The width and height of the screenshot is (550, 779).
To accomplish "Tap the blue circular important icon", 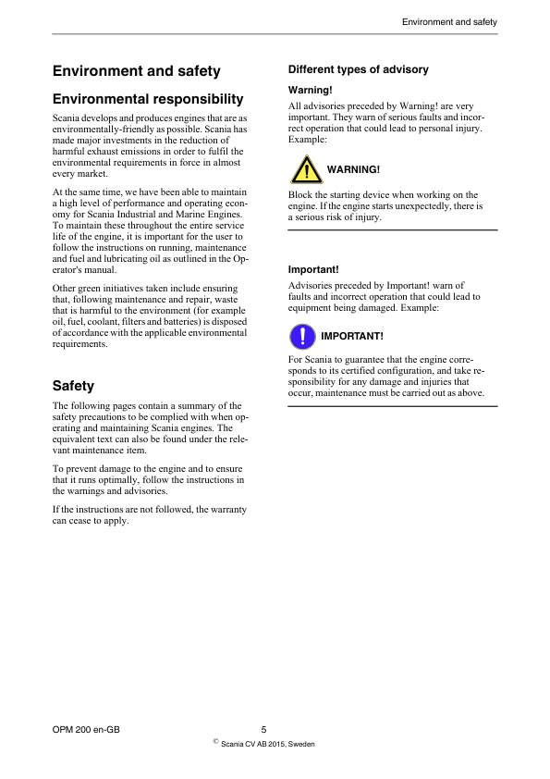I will tap(301, 335).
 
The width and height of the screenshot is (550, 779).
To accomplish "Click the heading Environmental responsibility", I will tap(148, 99).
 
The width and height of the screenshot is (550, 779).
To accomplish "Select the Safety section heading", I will tap(74, 385).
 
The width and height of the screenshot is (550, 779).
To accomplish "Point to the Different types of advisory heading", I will tap(359, 69).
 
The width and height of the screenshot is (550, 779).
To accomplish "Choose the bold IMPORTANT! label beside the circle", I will tap(351, 335).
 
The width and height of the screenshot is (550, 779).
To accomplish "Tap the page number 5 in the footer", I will tap(263, 730).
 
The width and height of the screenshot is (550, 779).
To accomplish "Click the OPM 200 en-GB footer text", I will tap(86, 730).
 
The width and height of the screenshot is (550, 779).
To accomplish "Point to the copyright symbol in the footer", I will tap(215, 741).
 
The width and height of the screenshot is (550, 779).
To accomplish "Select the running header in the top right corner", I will tap(450, 21).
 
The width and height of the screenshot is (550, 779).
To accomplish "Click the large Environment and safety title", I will tap(137, 71).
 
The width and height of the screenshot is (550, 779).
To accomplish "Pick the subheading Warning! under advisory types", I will tap(311, 90).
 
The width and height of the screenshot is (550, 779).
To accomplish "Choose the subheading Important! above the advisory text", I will tap(313, 270).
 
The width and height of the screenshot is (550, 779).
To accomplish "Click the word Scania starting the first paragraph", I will tap(68, 118).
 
